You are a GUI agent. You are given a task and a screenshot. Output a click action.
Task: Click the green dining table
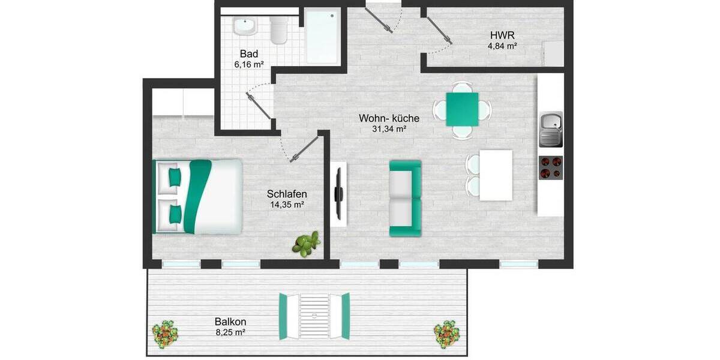click(463, 109)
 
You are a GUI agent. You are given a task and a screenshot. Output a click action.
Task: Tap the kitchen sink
click(551, 129)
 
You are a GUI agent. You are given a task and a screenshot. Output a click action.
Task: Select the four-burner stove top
click(551, 167)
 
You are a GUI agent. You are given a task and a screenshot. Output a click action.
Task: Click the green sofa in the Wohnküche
click(405, 198)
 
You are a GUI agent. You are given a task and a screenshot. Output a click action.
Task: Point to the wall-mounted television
click(338, 194)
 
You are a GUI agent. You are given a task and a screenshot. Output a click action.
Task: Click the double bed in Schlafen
click(199, 196)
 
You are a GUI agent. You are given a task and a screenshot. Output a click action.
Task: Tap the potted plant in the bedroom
click(307, 244)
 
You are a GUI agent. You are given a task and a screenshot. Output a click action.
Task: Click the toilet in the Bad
click(279, 31)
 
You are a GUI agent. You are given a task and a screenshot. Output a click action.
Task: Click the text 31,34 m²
click(390, 129)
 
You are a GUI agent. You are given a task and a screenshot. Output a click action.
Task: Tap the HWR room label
click(502, 35)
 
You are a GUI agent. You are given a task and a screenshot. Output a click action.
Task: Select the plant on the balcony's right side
click(447, 333)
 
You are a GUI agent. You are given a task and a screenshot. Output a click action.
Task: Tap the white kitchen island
click(496, 175)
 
